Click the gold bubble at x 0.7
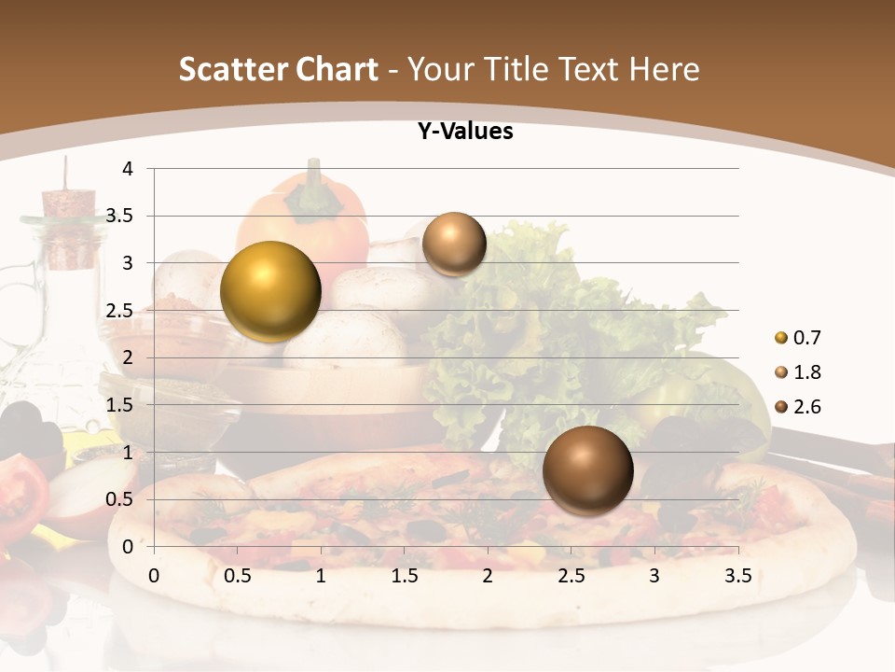tap(270, 291)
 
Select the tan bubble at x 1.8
tap(454, 245)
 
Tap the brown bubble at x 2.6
tap(587, 469)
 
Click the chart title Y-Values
tap(465, 132)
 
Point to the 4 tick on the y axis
tap(128, 169)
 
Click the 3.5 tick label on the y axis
tap(120, 217)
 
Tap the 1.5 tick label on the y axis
tap(120, 405)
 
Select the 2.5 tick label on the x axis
tap(571, 576)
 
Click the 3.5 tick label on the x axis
tap(737, 576)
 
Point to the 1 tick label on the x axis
tap(321, 576)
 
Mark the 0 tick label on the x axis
tap(154, 576)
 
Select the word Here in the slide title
tap(664, 69)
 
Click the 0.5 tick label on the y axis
tap(120, 499)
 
